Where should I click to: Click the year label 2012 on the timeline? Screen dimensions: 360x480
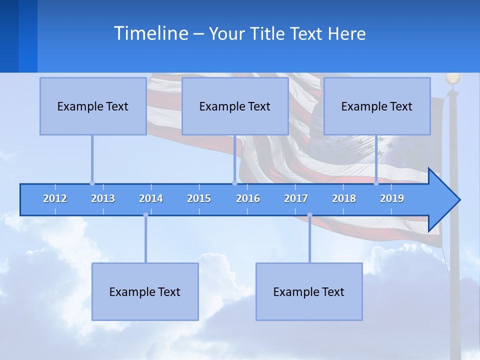pyautogui.click(x=55, y=198)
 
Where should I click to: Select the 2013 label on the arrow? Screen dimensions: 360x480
pyautogui.click(x=103, y=198)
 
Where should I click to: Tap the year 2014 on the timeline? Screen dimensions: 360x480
pyautogui.click(x=151, y=198)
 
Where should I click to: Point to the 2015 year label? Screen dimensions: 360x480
pyautogui.click(x=199, y=198)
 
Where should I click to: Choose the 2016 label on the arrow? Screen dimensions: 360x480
pyautogui.click(x=248, y=198)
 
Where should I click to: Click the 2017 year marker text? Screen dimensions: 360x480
pyautogui.click(x=296, y=198)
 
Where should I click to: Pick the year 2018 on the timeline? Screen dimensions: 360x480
pyautogui.click(x=344, y=198)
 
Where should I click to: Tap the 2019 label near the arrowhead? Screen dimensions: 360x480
pyautogui.click(x=392, y=198)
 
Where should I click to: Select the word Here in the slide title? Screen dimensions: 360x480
pyautogui.click(x=346, y=33)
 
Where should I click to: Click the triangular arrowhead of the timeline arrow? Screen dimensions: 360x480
pyautogui.click(x=443, y=200)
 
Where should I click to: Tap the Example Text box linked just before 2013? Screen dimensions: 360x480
pyautogui.click(x=93, y=106)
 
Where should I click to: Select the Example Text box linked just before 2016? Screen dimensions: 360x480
pyautogui.click(x=235, y=106)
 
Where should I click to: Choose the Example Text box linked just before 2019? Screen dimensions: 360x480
pyautogui.click(x=377, y=106)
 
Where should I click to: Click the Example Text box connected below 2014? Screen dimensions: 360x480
pyautogui.click(x=145, y=291)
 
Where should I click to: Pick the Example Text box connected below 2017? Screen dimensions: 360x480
pyautogui.click(x=309, y=291)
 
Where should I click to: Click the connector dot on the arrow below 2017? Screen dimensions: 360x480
pyautogui.click(x=309, y=215)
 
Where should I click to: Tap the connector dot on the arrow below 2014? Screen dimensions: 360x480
pyautogui.click(x=145, y=215)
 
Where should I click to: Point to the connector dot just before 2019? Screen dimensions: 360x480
pyautogui.click(x=376, y=183)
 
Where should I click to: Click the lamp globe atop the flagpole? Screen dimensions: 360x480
pyautogui.click(x=452, y=78)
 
